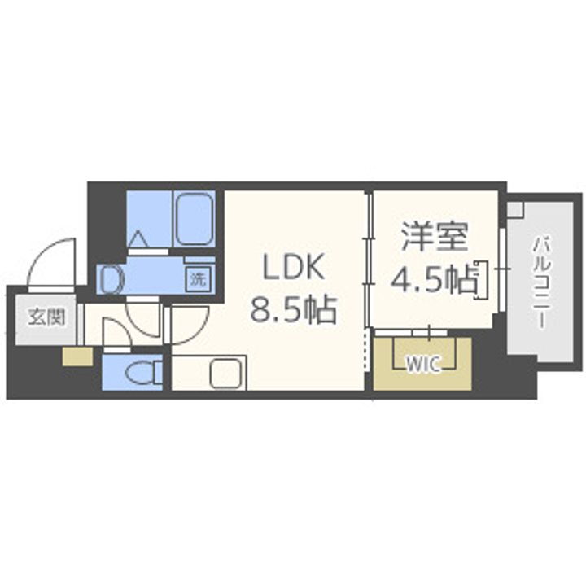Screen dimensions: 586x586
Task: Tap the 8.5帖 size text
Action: click(293, 308)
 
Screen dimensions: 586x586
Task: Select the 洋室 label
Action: click(435, 238)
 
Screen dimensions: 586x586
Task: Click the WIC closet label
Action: click(422, 364)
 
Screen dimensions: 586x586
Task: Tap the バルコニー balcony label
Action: click(540, 281)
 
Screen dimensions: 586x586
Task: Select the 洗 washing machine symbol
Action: click(199, 278)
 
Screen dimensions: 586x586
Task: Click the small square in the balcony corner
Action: click(514, 209)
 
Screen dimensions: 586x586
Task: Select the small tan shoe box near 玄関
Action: click(77, 356)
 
